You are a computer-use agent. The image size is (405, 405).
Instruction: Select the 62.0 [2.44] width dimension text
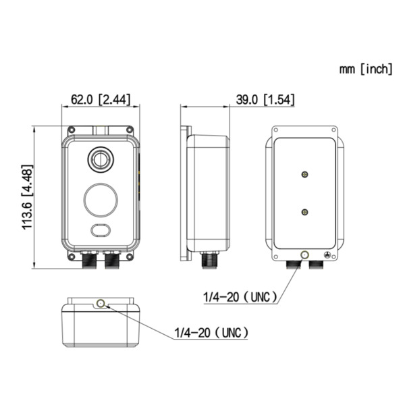point(101,100)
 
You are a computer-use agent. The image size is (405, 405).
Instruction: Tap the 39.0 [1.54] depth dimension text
point(265,100)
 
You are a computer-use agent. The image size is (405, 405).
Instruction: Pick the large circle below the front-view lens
point(101,199)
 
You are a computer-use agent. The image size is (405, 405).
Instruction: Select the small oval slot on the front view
point(101,230)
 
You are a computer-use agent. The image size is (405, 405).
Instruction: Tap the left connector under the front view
point(88,259)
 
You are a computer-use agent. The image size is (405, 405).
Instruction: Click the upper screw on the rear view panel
point(305,174)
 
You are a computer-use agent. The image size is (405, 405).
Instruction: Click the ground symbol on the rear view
point(327,255)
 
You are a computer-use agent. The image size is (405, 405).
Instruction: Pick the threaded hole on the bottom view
point(101,304)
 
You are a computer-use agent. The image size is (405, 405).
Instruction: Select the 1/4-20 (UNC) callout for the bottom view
point(211,333)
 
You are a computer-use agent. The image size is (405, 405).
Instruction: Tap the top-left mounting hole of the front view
point(71,130)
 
